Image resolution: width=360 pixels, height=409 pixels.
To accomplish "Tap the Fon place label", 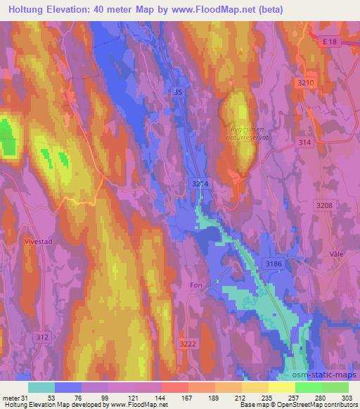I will coord(195,285).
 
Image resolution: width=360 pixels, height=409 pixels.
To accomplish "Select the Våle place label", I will coord(333,254).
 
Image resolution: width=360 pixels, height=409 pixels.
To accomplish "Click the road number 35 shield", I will coord(180,92).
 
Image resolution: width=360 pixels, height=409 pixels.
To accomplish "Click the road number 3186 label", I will coord(274,262).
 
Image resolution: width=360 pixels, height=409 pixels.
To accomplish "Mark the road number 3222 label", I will coord(188,342).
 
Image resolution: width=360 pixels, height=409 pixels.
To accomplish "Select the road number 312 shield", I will coord(43,337).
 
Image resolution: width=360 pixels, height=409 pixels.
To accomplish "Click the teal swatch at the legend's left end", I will coord(41,387).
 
